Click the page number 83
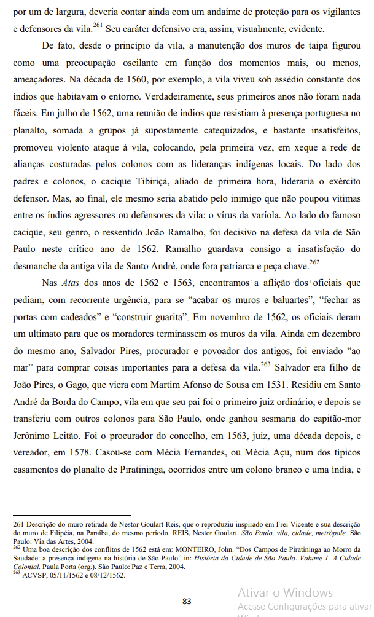coord(187,601)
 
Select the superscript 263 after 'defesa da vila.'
coord(265,364)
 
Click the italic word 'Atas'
coord(71,285)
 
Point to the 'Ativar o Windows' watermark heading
coord(285,592)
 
